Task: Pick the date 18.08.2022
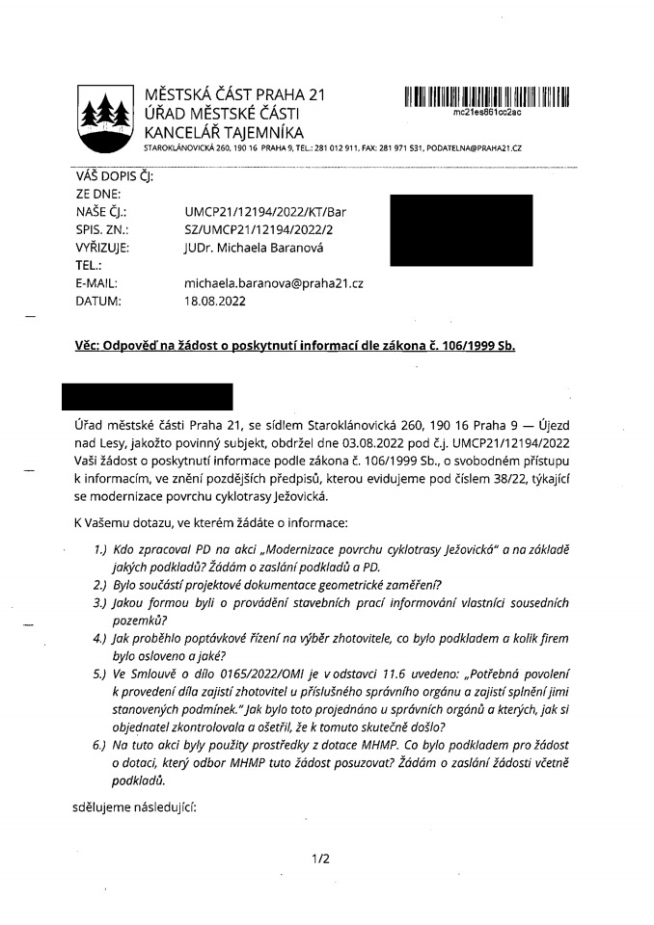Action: tap(215, 301)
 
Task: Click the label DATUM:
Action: tap(98, 301)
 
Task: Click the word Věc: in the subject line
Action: tap(92, 347)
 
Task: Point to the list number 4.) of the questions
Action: tap(100, 638)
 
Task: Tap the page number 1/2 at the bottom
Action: tap(321, 859)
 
